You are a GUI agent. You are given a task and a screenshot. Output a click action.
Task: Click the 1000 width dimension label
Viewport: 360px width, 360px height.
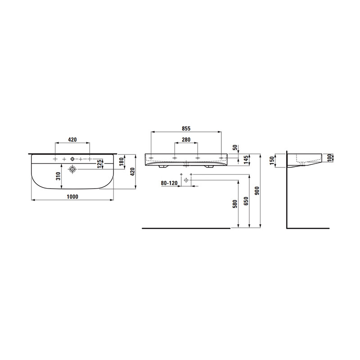coord(72,197)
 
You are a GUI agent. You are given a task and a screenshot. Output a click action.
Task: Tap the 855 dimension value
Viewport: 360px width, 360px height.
coord(186,129)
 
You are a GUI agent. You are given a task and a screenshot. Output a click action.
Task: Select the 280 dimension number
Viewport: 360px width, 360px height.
coord(186,139)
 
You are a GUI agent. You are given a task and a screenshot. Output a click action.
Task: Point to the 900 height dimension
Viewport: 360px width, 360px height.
coord(257,191)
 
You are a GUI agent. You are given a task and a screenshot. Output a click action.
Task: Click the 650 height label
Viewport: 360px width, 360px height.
coord(246,201)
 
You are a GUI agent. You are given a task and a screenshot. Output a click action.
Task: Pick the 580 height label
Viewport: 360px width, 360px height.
coord(235,204)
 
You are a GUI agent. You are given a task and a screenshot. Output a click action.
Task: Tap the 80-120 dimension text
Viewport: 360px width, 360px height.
coord(169,183)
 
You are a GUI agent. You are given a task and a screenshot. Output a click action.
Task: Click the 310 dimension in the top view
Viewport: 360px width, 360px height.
coord(58,176)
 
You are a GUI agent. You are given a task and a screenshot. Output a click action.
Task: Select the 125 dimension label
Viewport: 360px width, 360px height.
coord(99,164)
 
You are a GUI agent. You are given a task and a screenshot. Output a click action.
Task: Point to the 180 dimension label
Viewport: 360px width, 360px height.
coord(121,161)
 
